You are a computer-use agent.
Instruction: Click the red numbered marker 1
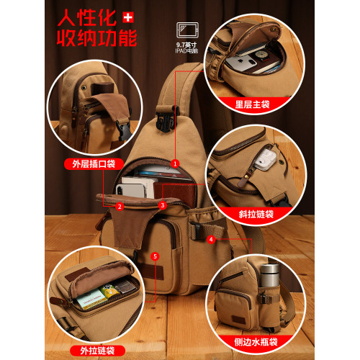click(175, 163)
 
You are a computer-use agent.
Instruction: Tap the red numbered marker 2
click(120, 207)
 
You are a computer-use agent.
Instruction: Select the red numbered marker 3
click(163, 205)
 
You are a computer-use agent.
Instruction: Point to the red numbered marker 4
click(211, 239)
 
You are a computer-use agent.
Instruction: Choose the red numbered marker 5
click(155, 256)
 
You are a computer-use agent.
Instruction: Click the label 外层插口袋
click(94, 164)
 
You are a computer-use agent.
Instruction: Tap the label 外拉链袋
click(97, 351)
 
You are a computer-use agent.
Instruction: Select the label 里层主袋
click(252, 104)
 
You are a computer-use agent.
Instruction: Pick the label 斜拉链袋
click(256, 214)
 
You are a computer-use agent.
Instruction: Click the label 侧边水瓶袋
click(256, 342)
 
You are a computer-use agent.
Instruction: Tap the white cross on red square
click(128, 17)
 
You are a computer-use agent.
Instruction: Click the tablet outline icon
click(187, 30)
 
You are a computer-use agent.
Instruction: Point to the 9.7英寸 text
click(186, 45)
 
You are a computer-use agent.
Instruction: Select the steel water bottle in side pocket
click(270, 276)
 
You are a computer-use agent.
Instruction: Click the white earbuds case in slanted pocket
click(265, 159)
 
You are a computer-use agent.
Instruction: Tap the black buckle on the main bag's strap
click(166, 120)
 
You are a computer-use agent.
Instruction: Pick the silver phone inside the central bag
click(131, 191)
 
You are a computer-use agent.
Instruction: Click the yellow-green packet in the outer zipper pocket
click(109, 291)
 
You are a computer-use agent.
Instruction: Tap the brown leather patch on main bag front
click(153, 272)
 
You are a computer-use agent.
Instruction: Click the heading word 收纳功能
click(96, 38)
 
